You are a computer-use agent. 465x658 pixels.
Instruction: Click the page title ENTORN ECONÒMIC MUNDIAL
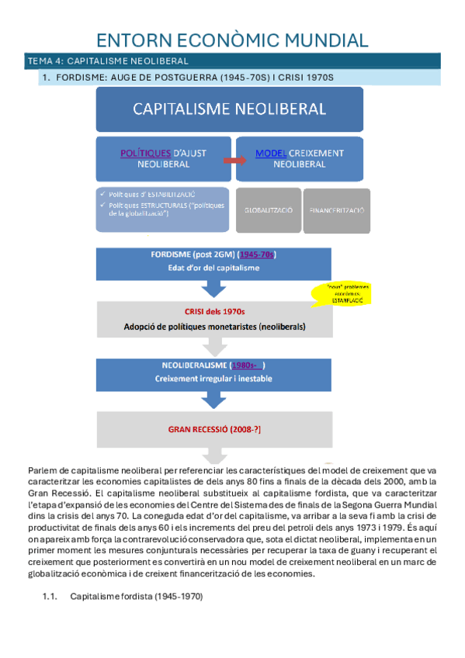(x=232, y=40)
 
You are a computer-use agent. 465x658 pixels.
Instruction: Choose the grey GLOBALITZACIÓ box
(x=267, y=210)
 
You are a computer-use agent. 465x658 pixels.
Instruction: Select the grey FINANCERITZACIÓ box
(x=337, y=210)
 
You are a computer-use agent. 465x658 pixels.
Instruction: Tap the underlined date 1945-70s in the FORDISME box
(x=259, y=255)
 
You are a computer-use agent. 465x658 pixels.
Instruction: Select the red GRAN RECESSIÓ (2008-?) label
(x=214, y=428)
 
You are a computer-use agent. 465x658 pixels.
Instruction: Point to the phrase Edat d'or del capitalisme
(x=214, y=268)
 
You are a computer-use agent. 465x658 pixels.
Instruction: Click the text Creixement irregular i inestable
(x=214, y=379)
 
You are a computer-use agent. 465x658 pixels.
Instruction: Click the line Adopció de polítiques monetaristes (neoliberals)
(x=214, y=327)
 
